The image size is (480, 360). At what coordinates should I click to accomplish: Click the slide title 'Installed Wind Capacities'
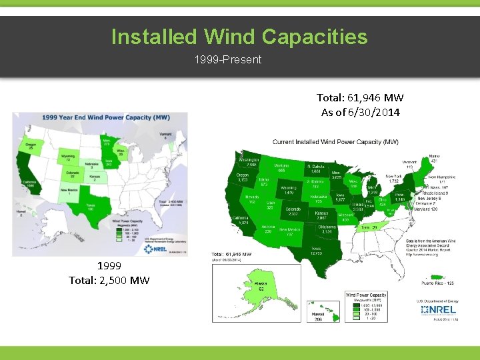[239, 36]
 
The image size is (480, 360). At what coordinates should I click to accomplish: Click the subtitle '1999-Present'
[228, 60]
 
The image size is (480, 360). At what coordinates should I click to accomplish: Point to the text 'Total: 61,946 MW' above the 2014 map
[360, 99]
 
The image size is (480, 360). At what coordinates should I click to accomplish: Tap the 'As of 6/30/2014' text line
[360, 112]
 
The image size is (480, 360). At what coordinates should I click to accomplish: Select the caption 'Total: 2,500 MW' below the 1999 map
[109, 279]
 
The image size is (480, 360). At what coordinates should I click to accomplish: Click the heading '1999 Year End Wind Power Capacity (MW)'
[96, 117]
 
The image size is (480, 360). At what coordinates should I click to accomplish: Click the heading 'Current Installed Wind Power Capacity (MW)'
[335, 142]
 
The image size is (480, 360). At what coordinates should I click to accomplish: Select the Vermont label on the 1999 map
[165, 135]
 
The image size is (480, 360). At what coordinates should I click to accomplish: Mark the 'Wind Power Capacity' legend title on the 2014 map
[365, 294]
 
